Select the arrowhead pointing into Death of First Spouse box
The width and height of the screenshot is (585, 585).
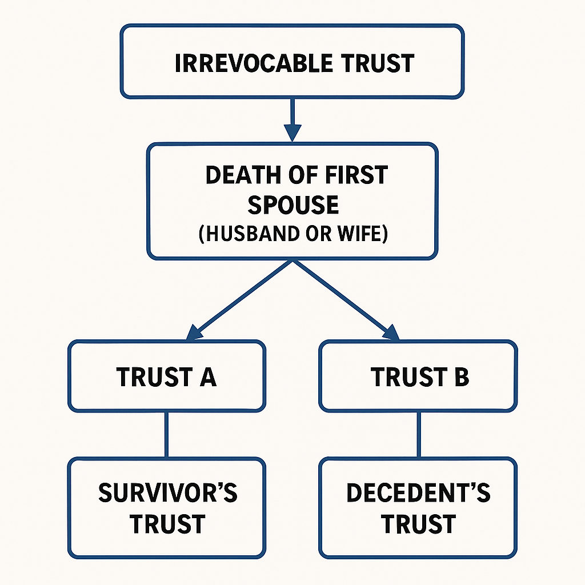click(292, 134)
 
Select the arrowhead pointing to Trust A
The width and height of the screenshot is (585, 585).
click(193, 332)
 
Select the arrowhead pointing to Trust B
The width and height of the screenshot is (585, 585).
click(391, 332)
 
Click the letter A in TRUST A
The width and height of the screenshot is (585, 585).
click(208, 377)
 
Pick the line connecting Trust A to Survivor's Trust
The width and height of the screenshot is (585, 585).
click(166, 435)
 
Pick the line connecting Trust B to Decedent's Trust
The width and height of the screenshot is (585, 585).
click(418, 435)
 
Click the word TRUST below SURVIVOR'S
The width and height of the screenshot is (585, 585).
click(167, 524)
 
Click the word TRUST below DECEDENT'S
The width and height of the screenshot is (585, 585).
click(418, 524)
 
